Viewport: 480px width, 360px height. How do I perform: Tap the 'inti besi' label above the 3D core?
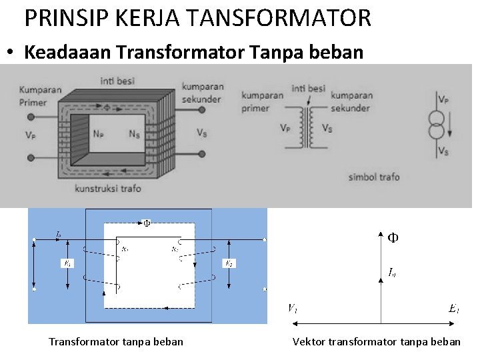(117, 81)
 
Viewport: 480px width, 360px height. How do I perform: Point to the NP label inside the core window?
(98, 133)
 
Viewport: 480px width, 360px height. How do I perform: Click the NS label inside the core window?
(134, 133)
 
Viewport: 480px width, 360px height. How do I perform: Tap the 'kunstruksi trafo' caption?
(108, 189)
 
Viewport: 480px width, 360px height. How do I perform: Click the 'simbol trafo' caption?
(374, 177)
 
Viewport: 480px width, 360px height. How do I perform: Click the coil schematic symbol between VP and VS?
(307, 127)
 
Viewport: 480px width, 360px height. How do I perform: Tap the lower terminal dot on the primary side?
(30, 158)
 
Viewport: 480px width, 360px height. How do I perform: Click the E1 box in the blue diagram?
(67, 264)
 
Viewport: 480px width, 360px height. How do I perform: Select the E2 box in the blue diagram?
(229, 264)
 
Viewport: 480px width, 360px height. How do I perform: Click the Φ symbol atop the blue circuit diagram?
(147, 223)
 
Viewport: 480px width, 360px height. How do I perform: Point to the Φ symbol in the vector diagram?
(394, 237)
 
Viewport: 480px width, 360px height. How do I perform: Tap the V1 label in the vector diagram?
(293, 308)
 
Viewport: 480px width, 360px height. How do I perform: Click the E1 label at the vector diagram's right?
(453, 308)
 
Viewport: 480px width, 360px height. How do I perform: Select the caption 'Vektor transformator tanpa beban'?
(376, 342)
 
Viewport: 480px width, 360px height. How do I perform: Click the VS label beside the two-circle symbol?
(443, 151)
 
